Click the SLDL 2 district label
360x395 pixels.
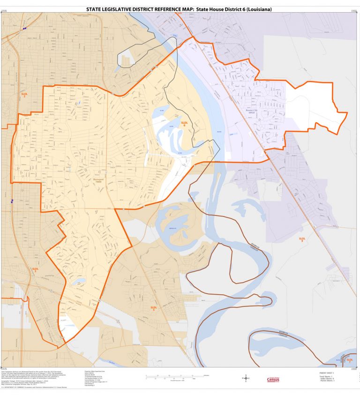click(x=25, y=95)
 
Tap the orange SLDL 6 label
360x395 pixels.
click(x=184, y=124)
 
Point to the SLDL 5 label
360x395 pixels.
click(x=153, y=308)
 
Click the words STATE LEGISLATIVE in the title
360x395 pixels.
click(x=107, y=9)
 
